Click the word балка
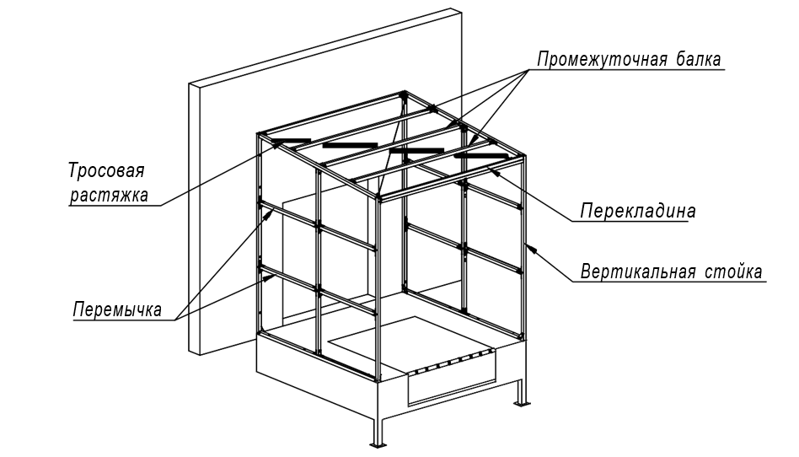coord(700,60)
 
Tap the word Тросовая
coord(106,170)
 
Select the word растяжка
coord(109,195)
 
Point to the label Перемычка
coord(118,309)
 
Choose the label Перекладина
coord(638,211)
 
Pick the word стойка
coord(734,272)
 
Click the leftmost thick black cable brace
coord(291,140)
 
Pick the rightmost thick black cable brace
coord(481,155)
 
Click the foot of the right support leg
coord(521,404)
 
